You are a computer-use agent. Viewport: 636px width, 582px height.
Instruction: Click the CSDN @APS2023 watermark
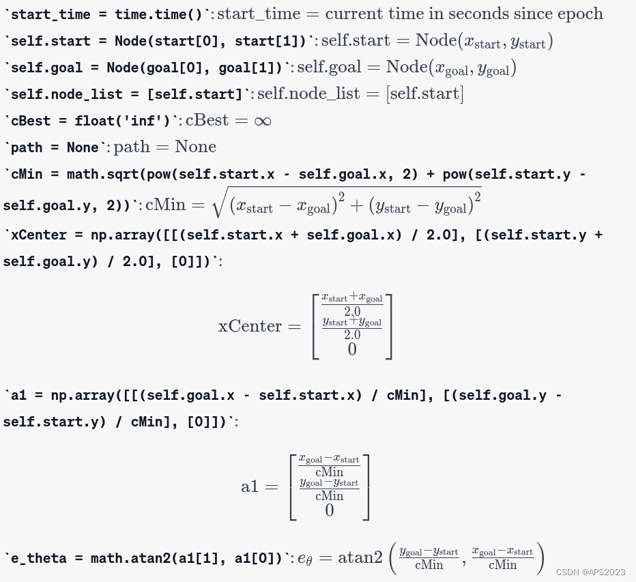tap(591, 572)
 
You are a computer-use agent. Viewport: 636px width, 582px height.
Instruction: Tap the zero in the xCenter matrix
tap(352, 349)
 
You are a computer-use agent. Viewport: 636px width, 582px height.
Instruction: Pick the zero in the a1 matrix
tap(330, 510)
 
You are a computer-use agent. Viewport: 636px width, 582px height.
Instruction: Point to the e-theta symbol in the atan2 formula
tap(304, 559)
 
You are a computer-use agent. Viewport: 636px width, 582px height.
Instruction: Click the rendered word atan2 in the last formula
tap(360, 557)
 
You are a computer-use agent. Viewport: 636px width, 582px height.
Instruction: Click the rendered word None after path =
tap(195, 147)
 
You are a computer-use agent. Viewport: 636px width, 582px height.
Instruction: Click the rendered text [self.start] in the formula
tap(424, 93)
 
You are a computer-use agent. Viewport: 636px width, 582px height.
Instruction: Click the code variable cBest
tap(31, 121)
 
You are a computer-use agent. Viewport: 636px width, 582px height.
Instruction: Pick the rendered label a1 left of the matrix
tap(250, 486)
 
